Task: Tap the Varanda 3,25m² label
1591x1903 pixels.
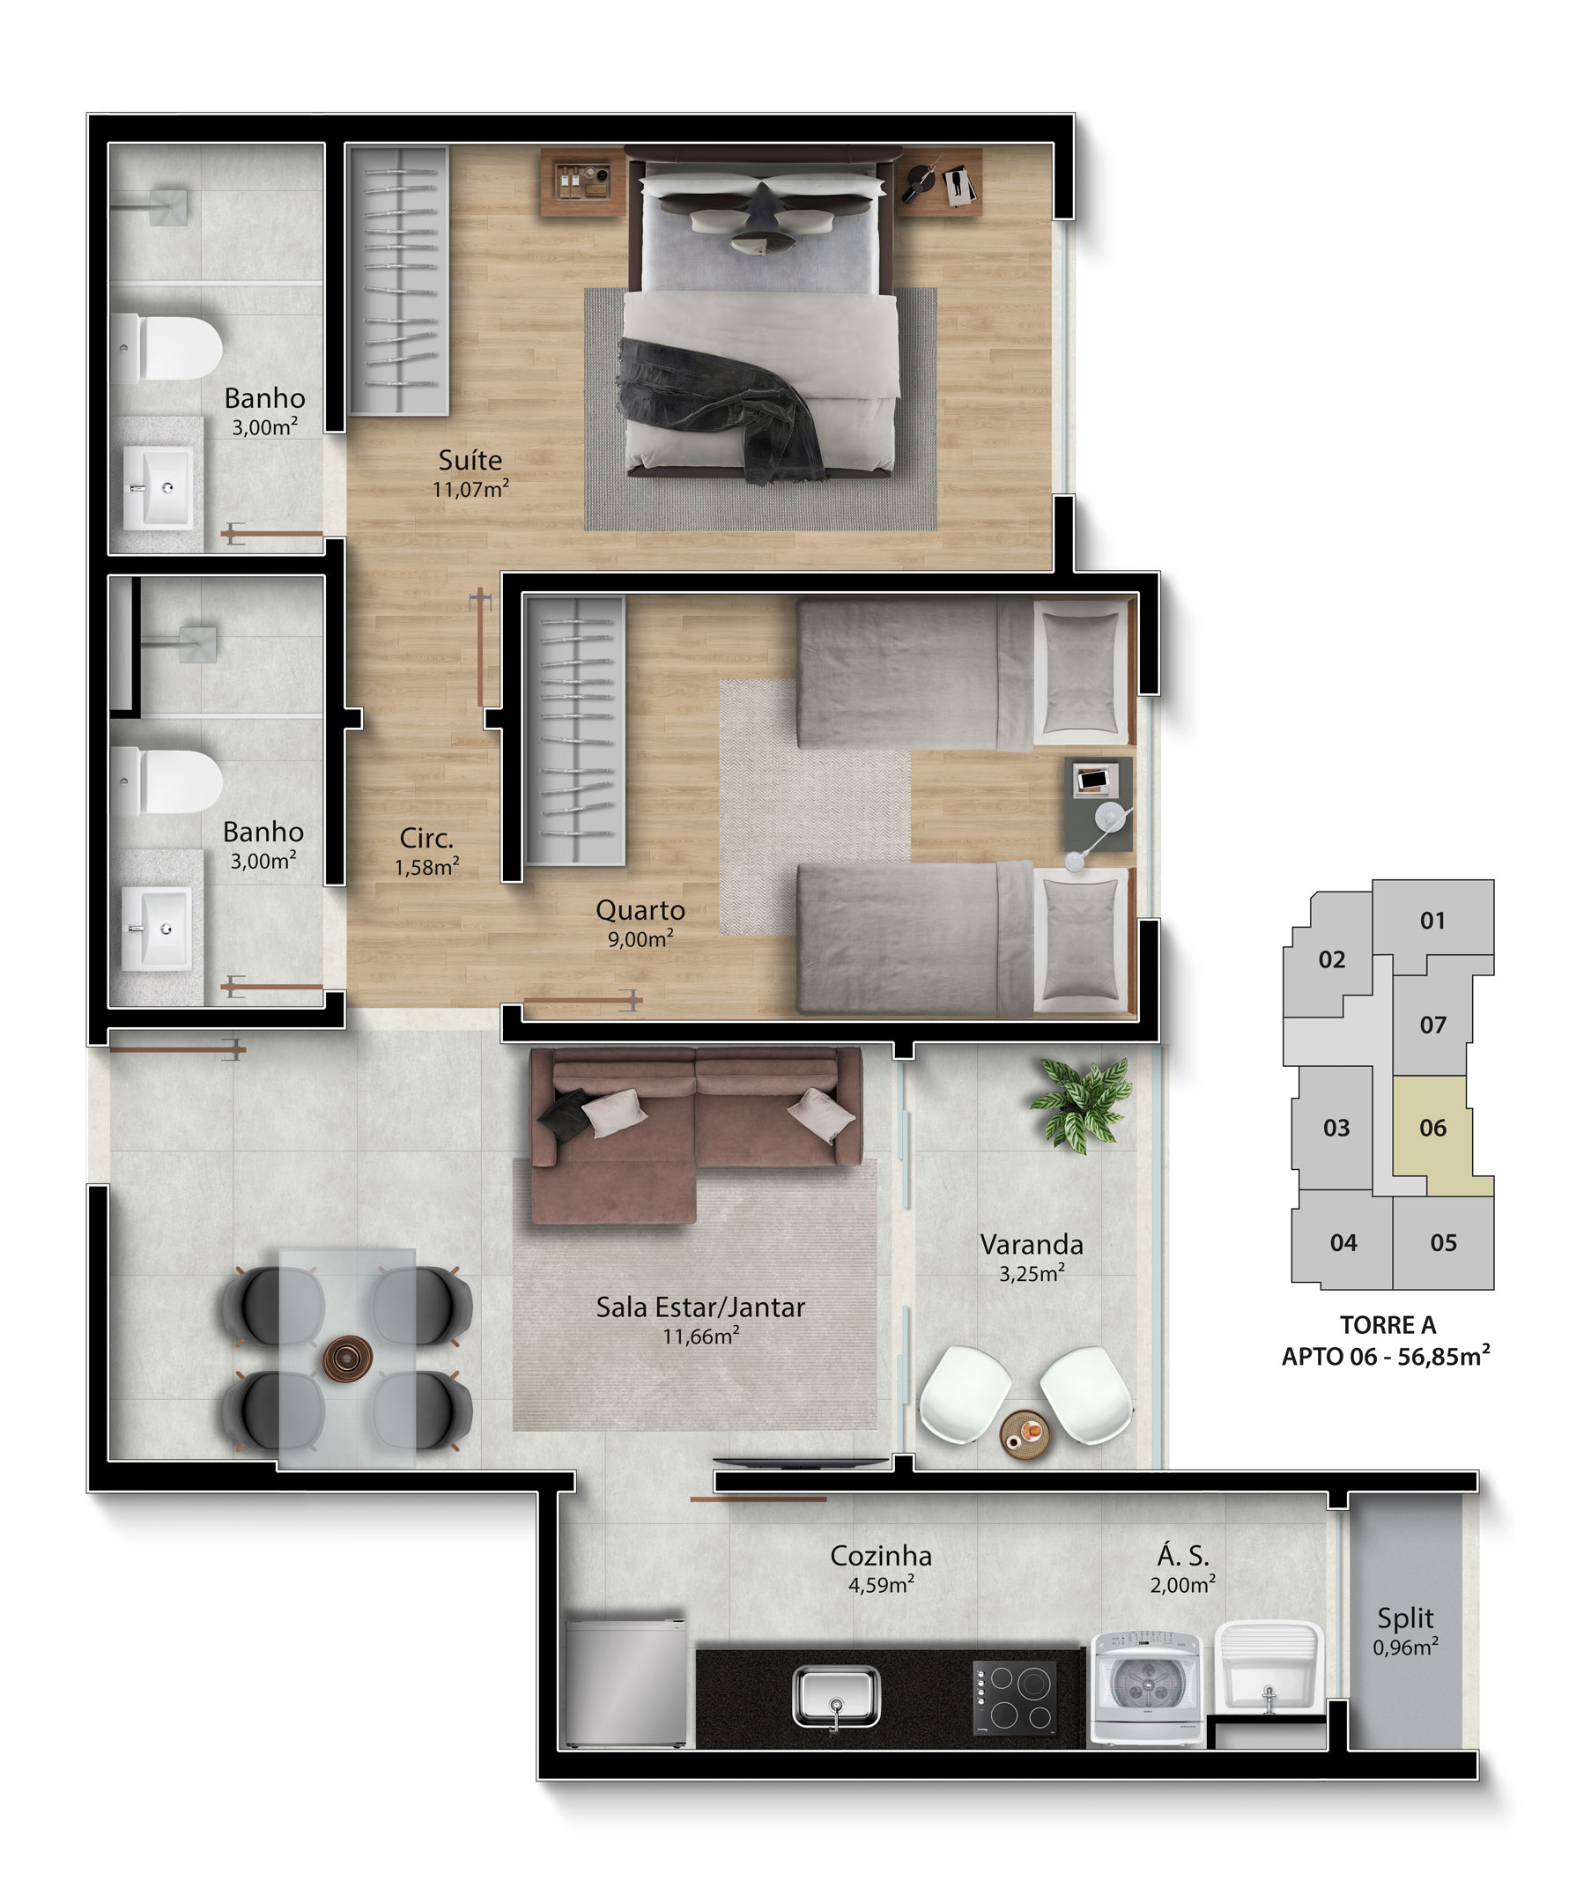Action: click(x=1031, y=1258)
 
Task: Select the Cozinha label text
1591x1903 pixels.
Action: click(x=881, y=1555)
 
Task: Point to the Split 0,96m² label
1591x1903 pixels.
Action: click(x=1405, y=1631)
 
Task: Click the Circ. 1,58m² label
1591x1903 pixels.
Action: click(x=426, y=851)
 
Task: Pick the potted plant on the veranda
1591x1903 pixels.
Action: click(x=1082, y=1105)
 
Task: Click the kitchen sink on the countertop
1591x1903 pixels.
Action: click(x=835, y=1696)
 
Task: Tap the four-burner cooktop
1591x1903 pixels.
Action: click(x=1014, y=1696)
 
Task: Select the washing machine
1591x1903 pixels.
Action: click(x=1146, y=1687)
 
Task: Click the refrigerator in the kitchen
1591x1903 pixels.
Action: click(x=625, y=1682)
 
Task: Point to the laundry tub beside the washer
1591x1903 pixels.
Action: click(x=1269, y=1668)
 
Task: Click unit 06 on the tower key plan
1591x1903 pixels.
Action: click(x=1432, y=1129)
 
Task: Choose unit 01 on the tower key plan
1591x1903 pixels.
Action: click(x=1432, y=921)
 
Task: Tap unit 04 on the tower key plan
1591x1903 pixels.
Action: click(x=1343, y=1242)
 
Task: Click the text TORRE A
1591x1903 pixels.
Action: click(x=1388, y=1325)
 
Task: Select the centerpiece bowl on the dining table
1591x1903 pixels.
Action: click(x=347, y=1359)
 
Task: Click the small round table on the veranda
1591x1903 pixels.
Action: click(x=1025, y=1434)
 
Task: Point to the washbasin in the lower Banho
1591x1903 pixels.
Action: click(x=157, y=928)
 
